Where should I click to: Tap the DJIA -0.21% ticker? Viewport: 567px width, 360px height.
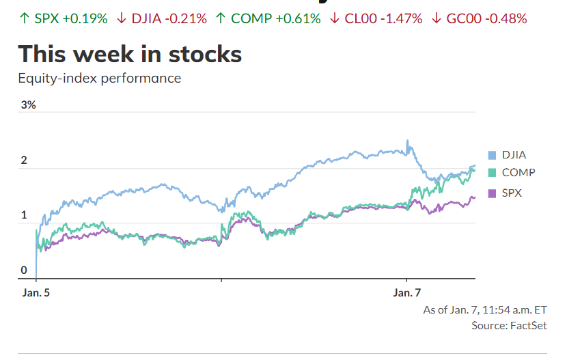pos(169,18)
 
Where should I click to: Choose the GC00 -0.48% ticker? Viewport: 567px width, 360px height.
pos(486,18)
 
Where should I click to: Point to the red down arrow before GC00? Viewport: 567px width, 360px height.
pos(437,18)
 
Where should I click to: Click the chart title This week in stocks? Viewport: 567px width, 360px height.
pos(130,54)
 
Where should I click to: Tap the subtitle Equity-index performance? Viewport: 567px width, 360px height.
pos(100,78)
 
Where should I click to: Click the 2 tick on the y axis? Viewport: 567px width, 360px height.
pos(24,161)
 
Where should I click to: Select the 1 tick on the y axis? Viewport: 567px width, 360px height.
pos(24,216)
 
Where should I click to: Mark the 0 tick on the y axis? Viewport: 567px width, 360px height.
pos(24,271)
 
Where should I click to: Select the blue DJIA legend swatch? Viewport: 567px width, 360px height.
pos(492,155)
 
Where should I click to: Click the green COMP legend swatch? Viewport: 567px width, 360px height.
pos(492,174)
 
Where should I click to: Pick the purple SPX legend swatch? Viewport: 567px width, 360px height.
pos(492,193)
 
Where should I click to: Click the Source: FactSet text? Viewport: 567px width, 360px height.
pos(509,326)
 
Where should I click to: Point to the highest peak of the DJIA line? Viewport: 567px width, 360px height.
pos(408,141)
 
